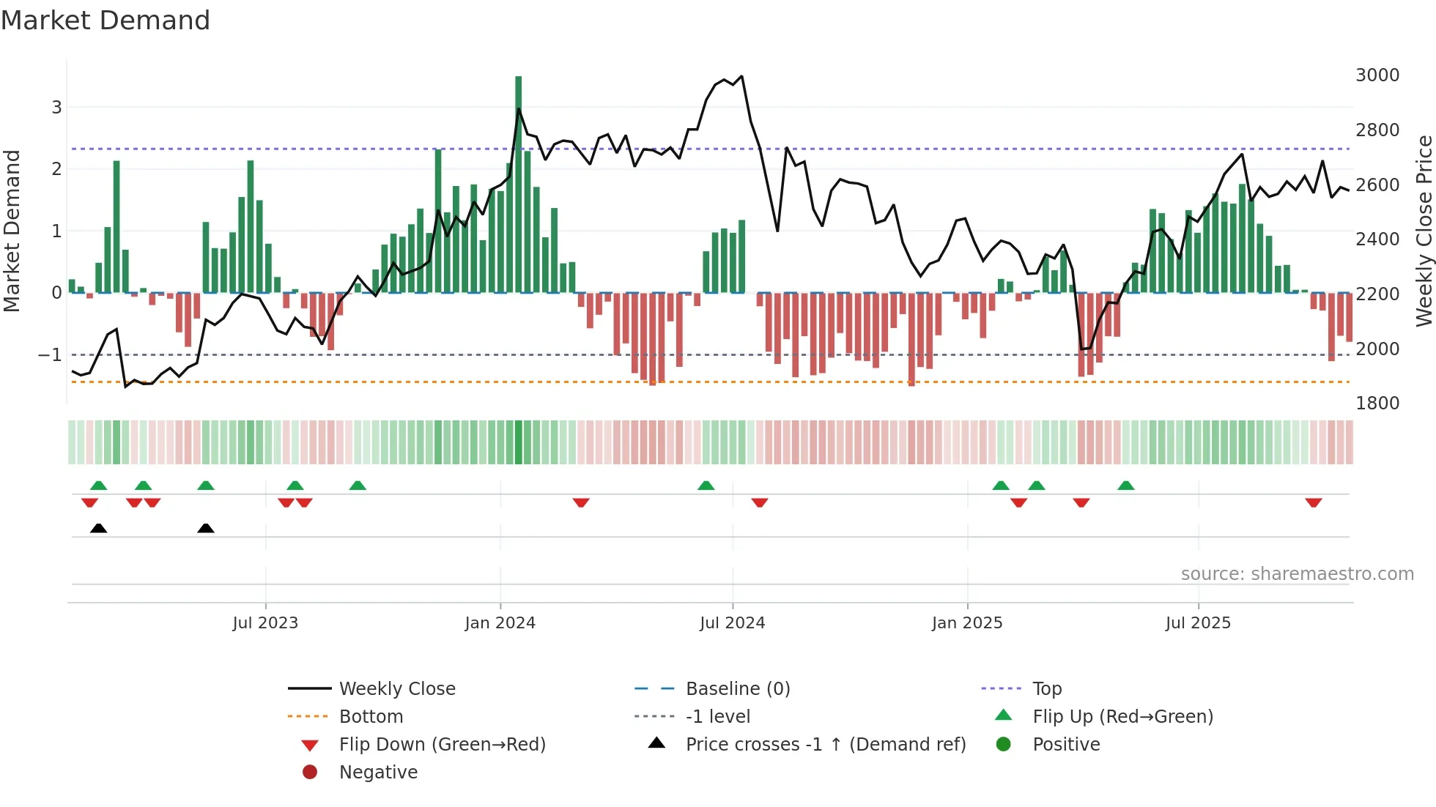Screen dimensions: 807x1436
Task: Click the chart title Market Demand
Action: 106,20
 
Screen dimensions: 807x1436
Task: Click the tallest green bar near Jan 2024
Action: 518,183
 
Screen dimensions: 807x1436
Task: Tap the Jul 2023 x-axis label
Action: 265,623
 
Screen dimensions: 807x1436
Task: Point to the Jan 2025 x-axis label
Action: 967,623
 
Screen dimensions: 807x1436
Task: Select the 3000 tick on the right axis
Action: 1377,75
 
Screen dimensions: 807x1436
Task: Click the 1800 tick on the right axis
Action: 1377,403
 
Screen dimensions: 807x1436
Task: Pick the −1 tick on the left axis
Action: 50,355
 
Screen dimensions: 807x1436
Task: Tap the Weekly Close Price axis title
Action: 1424,231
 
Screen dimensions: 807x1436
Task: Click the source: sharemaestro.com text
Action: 1297,574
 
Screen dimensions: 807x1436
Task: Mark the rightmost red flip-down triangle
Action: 1313,502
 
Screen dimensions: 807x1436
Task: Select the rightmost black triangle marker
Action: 206,528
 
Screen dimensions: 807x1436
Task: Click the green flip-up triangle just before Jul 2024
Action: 706,486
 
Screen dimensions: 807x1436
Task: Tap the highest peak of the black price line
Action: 741,76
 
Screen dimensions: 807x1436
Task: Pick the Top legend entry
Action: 1046,689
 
